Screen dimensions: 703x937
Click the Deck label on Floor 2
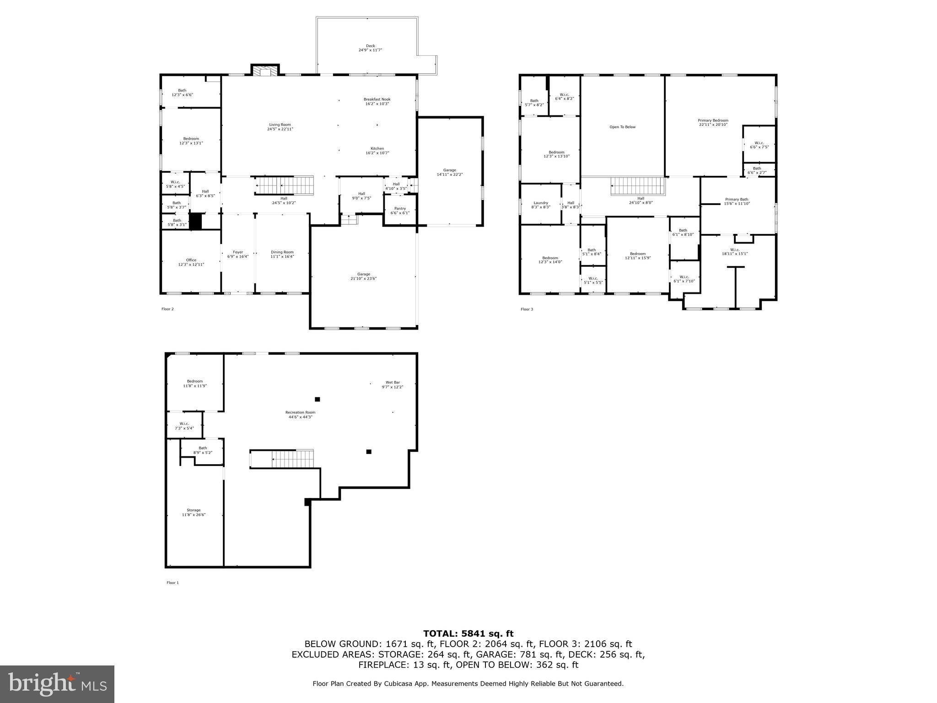(x=370, y=48)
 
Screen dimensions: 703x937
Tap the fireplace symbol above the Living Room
(x=265, y=71)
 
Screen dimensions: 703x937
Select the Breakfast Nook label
(x=377, y=101)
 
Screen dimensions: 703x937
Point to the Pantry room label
(x=400, y=211)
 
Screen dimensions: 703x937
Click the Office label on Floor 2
(x=191, y=262)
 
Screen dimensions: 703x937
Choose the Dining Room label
(x=282, y=254)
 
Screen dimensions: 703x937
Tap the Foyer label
(x=238, y=254)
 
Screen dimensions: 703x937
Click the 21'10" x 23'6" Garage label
(x=364, y=276)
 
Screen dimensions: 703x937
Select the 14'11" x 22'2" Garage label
(x=449, y=172)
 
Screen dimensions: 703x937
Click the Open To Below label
(x=622, y=127)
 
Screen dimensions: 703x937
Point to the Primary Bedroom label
(x=713, y=122)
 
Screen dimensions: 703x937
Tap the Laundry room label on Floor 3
(x=541, y=205)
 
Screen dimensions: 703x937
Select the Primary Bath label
(x=737, y=201)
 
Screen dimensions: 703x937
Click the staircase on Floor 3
(x=637, y=186)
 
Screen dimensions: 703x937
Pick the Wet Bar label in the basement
(x=393, y=384)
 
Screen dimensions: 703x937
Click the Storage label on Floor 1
(x=194, y=512)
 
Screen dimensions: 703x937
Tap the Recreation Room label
(x=300, y=415)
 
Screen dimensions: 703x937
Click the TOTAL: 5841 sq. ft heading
(x=468, y=633)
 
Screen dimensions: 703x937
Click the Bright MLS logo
(x=57, y=684)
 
